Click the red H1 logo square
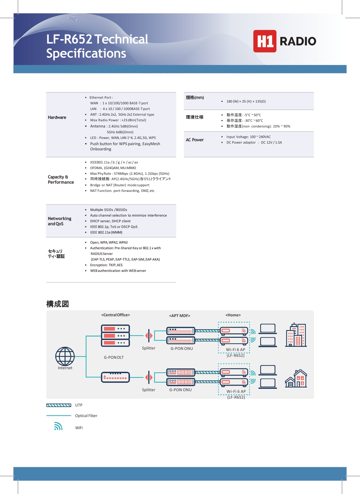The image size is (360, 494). pyautogui.click(x=265, y=41)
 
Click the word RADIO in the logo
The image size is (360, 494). pyautogui.click(x=298, y=41)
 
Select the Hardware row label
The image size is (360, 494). pyautogui.click(x=57, y=117)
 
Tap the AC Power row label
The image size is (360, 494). pyautogui.click(x=195, y=140)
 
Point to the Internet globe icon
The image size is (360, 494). pyautogui.click(x=65, y=356)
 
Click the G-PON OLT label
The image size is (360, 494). pyautogui.click(x=114, y=357)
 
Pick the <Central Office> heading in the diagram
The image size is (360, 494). pyautogui.click(x=115, y=315)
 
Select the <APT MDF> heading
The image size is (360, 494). pyautogui.click(x=179, y=316)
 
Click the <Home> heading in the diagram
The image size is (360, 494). pyautogui.click(x=233, y=315)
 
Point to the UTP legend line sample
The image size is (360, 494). pyautogui.click(x=59, y=405)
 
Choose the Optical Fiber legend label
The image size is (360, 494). pyautogui.click(x=86, y=416)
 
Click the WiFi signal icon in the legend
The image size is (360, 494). pyautogui.click(x=58, y=426)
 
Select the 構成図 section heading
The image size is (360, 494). pyautogui.click(x=57, y=304)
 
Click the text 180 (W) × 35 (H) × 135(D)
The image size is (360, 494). pyautogui.click(x=246, y=101)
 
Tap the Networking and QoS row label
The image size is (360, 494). pyautogui.click(x=60, y=221)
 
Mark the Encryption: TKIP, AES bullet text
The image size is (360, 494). pyautogui.click(x=106, y=265)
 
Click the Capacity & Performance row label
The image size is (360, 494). pyautogui.click(x=61, y=180)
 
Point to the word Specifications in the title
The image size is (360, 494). pyautogui.click(x=86, y=54)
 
